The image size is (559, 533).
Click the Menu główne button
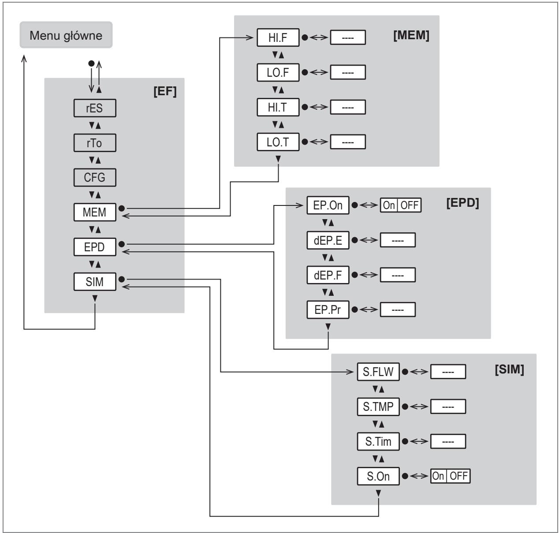pyautogui.click(x=66, y=35)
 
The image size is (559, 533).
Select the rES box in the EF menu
pyautogui.click(x=95, y=108)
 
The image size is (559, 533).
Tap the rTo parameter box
pyautogui.click(x=95, y=143)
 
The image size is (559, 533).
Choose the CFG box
pyautogui.click(x=95, y=178)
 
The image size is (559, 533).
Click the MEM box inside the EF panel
pyautogui.click(x=95, y=212)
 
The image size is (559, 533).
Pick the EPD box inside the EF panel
pyautogui.click(x=95, y=247)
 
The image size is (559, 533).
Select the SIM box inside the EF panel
pyautogui.click(x=95, y=282)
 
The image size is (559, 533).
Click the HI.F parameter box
pyautogui.click(x=278, y=37)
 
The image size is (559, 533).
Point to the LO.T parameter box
pyautogui.click(x=278, y=142)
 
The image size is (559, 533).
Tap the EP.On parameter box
pyautogui.click(x=328, y=205)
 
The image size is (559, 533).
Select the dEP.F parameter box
pyautogui.click(x=328, y=275)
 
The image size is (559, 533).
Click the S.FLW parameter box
pyautogui.click(x=378, y=372)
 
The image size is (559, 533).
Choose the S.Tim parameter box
pyautogui.click(x=378, y=441)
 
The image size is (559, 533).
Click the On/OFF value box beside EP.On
pyautogui.click(x=401, y=205)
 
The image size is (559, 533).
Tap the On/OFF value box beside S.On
pyautogui.click(x=451, y=476)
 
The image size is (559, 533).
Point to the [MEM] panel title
pyautogui.click(x=411, y=35)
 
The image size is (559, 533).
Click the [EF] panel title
pyautogui.click(x=165, y=91)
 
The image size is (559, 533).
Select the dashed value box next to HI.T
pyautogui.click(x=348, y=107)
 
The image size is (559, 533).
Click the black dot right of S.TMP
pyautogui.click(x=405, y=407)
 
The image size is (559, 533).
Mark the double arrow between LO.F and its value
pyautogui.click(x=319, y=72)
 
